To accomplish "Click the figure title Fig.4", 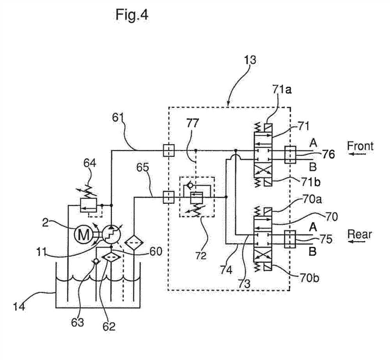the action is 132,15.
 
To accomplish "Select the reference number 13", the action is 250,60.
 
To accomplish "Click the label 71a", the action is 282,90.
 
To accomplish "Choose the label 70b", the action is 309,278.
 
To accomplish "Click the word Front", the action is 360,146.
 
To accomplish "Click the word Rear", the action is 360,234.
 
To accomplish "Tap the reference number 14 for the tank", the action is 19,306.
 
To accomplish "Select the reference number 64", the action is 90,163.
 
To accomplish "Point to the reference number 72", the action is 201,255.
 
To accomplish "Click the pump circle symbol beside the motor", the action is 112,235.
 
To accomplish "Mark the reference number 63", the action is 77,322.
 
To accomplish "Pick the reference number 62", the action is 109,326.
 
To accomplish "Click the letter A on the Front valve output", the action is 313,143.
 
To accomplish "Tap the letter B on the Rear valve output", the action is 313,252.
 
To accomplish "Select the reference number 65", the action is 143,168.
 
